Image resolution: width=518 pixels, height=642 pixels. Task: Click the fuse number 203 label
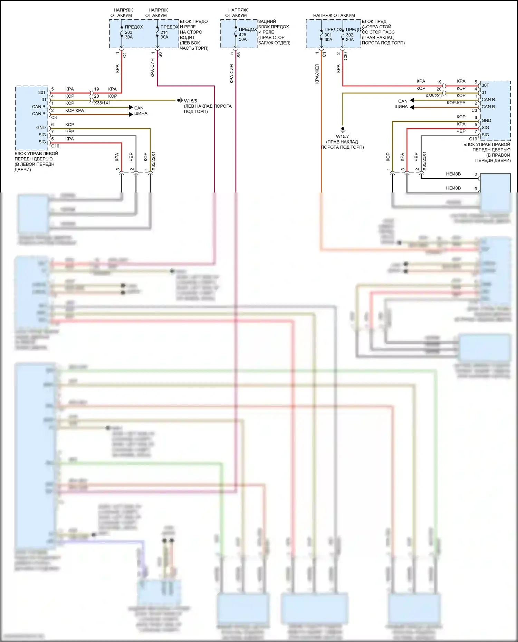(128, 32)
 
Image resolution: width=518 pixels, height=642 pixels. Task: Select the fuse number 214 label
(164, 32)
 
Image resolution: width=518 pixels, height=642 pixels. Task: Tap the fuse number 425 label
(242, 34)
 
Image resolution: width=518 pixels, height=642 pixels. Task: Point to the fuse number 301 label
(328, 35)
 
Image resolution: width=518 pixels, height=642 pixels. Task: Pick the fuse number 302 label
(349, 35)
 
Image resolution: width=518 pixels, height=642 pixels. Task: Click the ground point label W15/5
(190, 101)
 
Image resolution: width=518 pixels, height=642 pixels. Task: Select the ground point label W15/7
(342, 136)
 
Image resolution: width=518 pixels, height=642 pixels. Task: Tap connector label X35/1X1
(102, 103)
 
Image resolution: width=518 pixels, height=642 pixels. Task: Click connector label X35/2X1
(433, 96)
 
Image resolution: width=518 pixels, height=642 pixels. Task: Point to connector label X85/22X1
(154, 161)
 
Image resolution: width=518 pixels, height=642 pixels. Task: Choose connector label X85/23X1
(424, 161)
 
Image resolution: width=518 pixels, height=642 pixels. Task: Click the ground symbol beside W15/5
(180, 100)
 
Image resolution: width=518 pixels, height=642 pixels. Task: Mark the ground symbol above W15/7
(343, 129)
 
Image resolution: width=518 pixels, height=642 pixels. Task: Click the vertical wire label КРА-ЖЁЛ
(317, 74)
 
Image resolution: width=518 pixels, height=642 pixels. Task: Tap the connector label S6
(160, 55)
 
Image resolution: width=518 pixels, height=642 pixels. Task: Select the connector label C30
(346, 56)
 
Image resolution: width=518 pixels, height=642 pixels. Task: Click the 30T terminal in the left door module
(42, 92)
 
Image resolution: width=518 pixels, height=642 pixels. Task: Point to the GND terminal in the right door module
(486, 120)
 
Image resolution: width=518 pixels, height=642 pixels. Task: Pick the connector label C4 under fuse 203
(125, 55)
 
